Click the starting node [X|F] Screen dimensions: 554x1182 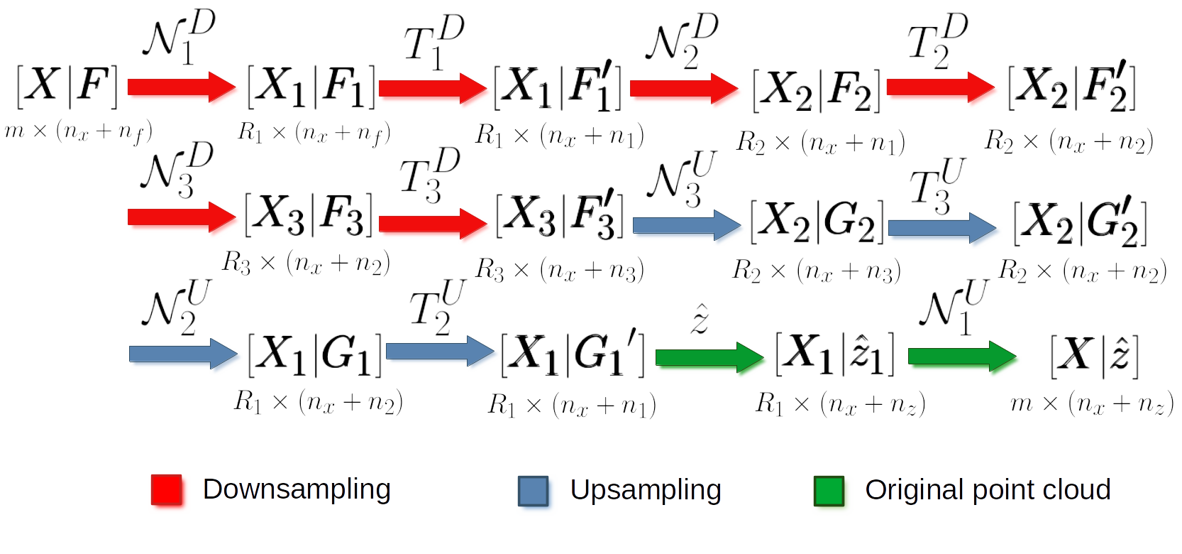[67, 87]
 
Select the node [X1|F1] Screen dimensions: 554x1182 [311, 87]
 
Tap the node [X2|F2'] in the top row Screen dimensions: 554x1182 [1071, 88]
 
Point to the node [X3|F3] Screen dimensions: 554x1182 [309, 214]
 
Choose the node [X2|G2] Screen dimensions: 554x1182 [817, 222]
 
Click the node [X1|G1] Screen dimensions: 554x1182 [314, 354]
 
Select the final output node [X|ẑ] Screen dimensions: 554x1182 [1094, 355]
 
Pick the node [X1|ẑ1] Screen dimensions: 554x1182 [834, 353]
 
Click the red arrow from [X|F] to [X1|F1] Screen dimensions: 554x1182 [181, 87]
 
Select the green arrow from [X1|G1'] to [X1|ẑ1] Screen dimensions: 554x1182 [709, 357]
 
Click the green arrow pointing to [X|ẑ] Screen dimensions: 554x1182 [962, 355]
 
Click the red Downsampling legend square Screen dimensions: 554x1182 [167, 490]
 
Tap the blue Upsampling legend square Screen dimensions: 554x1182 [533, 491]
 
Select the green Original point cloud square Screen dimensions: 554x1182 [829, 491]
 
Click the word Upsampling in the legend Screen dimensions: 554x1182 [645, 489]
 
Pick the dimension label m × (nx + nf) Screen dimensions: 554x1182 [78, 131]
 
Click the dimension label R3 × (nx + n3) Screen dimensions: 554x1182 [559, 270]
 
